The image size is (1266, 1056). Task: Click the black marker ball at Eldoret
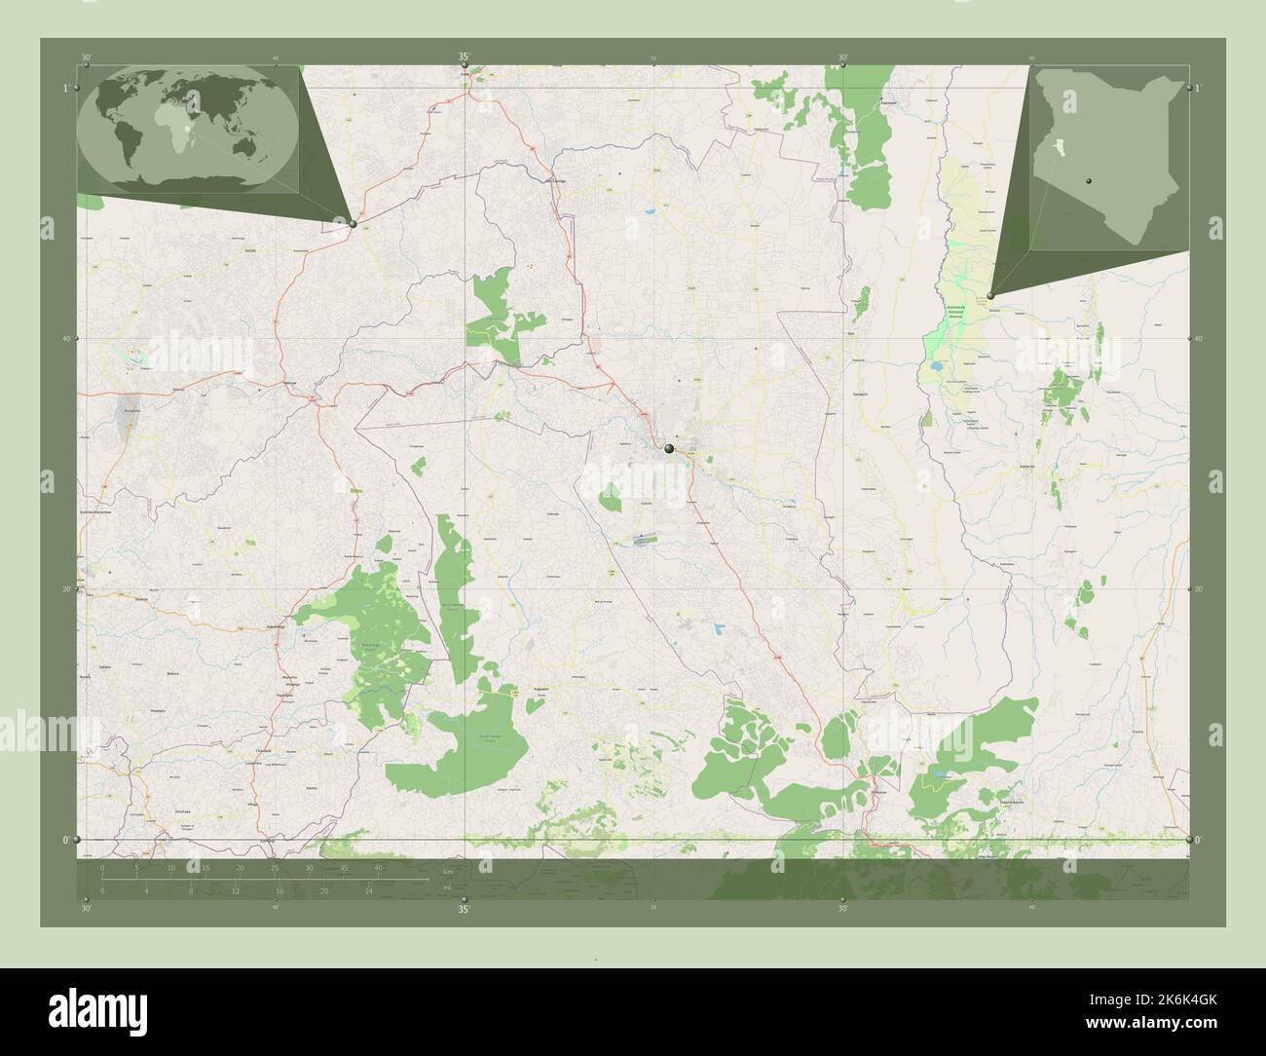[x=668, y=449]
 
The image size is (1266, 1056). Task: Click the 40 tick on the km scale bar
[x=377, y=867]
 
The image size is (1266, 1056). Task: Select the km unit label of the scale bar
[x=446, y=871]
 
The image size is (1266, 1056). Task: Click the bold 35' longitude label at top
[x=464, y=58]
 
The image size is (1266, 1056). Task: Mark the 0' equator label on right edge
[x=1198, y=840]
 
